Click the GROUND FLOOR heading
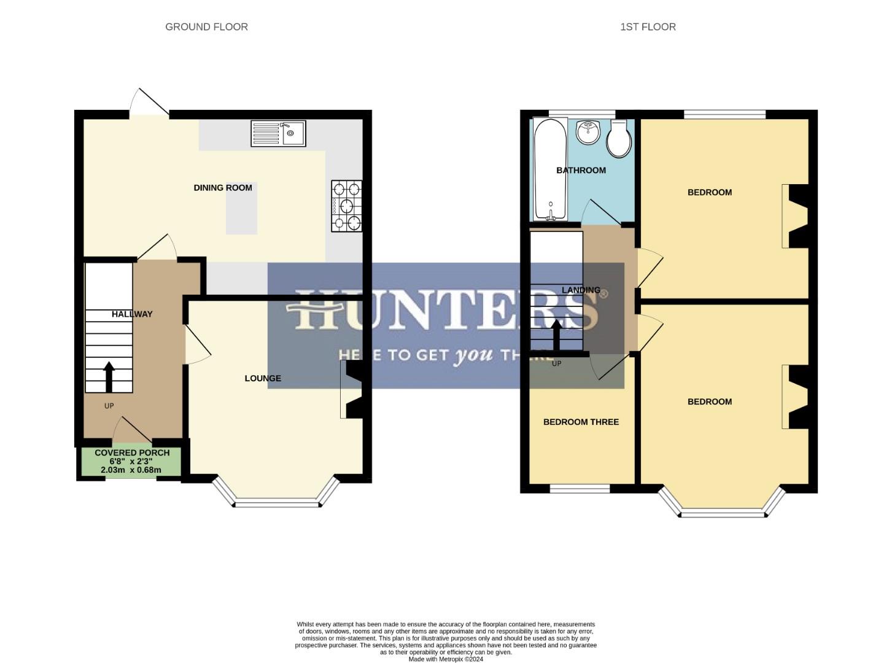206,27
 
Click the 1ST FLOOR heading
648,27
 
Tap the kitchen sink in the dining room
278,134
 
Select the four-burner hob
347,206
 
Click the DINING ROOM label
223,188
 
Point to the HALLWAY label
132,314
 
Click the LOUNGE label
263,378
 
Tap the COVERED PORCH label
132,453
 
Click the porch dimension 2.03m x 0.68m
131,470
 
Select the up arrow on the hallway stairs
109,376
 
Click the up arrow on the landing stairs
556,335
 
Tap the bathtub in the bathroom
550,169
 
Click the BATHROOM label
581,171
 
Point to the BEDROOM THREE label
581,422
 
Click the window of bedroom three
580,489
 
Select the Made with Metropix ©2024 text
446,659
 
